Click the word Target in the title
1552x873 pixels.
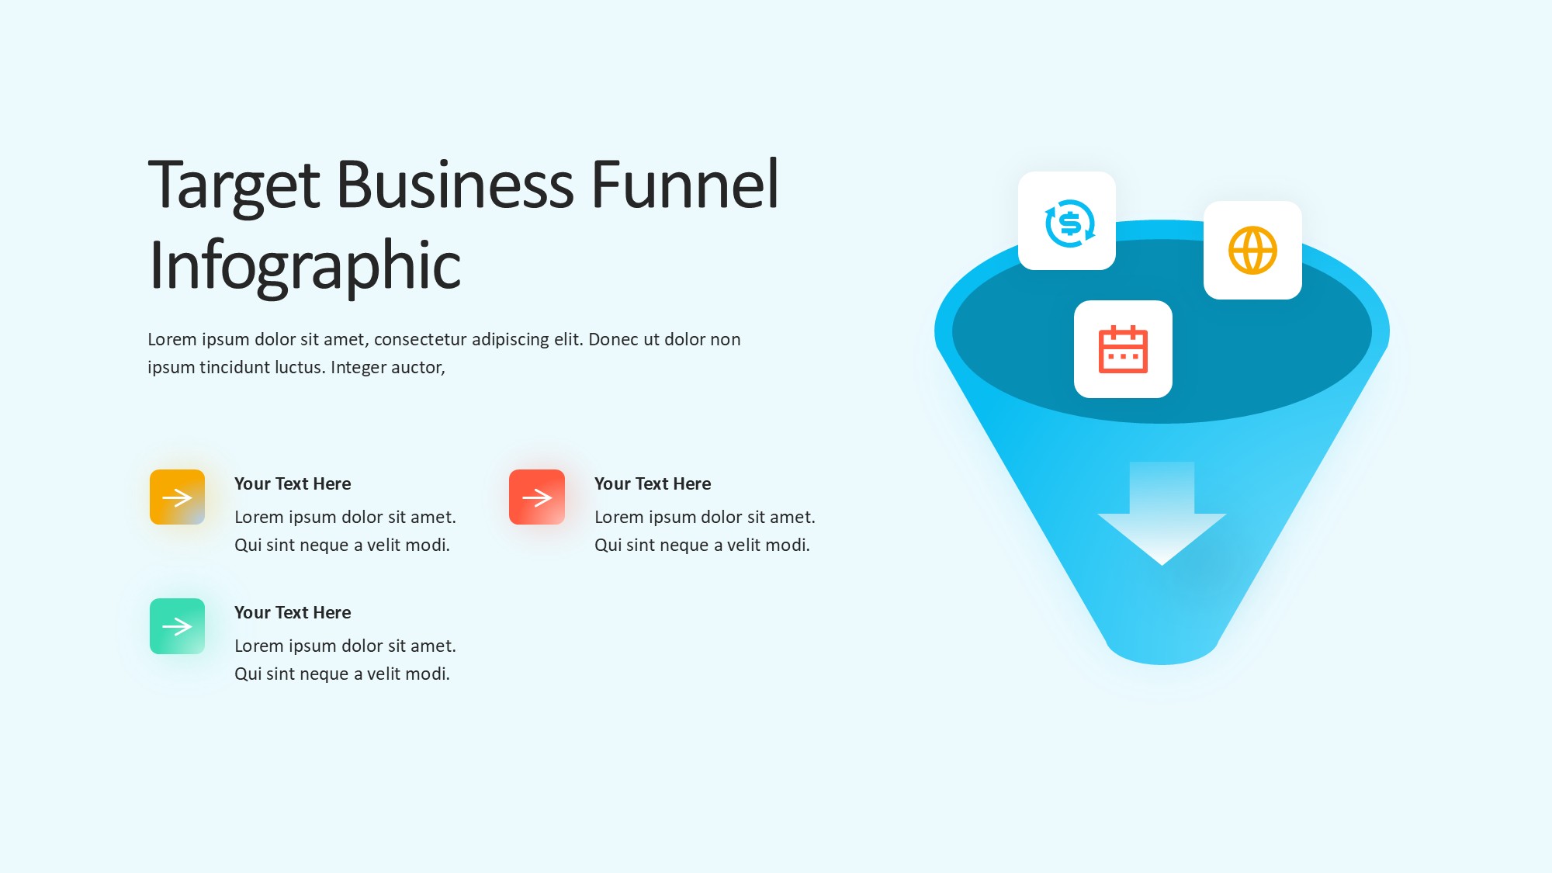point(234,186)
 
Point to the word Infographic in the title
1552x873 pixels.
point(305,266)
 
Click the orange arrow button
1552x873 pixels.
point(177,497)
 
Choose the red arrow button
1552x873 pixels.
point(537,497)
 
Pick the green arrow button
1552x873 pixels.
point(177,626)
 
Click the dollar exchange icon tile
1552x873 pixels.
point(1067,221)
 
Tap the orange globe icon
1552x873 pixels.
point(1252,250)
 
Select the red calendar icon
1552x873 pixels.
point(1123,349)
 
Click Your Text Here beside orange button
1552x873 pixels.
point(293,483)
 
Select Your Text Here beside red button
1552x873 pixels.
point(653,483)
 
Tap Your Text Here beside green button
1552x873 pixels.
point(293,612)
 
